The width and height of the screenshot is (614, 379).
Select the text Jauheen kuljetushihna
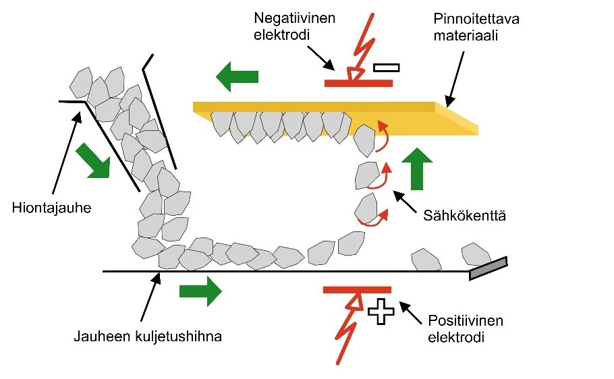(147, 336)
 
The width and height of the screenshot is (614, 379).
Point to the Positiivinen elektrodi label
(466, 328)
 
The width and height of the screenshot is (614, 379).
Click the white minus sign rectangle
(386, 67)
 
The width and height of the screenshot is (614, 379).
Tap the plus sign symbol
(381, 312)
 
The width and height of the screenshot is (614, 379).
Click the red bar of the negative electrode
(358, 83)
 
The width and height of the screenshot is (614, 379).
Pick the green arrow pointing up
(416, 168)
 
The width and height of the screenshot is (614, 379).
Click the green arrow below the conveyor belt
(200, 291)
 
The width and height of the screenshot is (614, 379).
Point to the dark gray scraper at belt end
(488, 268)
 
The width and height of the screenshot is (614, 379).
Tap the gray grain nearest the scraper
(476, 254)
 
